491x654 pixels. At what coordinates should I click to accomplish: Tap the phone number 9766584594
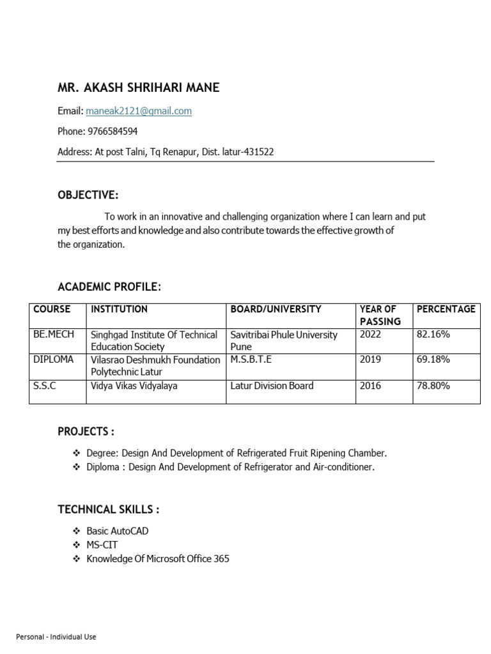pyautogui.click(x=112, y=132)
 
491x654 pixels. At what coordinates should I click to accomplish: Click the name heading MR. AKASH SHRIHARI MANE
pyautogui.click(x=138, y=88)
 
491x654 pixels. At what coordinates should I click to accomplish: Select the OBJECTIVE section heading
pyautogui.click(x=88, y=195)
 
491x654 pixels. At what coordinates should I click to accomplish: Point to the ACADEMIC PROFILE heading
pyautogui.click(x=109, y=287)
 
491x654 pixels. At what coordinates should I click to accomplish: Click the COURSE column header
pyautogui.click(x=52, y=309)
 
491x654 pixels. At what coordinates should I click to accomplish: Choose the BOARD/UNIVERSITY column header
pyautogui.click(x=276, y=309)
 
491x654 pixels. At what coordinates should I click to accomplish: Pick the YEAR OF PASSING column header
pyautogui.click(x=380, y=315)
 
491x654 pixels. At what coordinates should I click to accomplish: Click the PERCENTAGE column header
pyautogui.click(x=446, y=309)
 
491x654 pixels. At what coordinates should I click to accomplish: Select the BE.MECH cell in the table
pyautogui.click(x=54, y=335)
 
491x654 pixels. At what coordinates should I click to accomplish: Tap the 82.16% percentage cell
pyautogui.click(x=433, y=335)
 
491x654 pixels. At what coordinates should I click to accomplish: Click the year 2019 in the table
pyautogui.click(x=370, y=360)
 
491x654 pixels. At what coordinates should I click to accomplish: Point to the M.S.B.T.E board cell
pyautogui.click(x=251, y=360)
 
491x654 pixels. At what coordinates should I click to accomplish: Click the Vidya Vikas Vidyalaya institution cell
pyautogui.click(x=134, y=386)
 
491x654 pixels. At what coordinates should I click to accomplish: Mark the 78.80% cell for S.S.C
pyautogui.click(x=433, y=386)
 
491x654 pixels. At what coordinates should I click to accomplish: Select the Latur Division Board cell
pyautogui.click(x=272, y=386)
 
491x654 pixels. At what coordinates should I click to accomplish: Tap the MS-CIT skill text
pyautogui.click(x=102, y=545)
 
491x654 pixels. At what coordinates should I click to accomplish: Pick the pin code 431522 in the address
pyautogui.click(x=259, y=152)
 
